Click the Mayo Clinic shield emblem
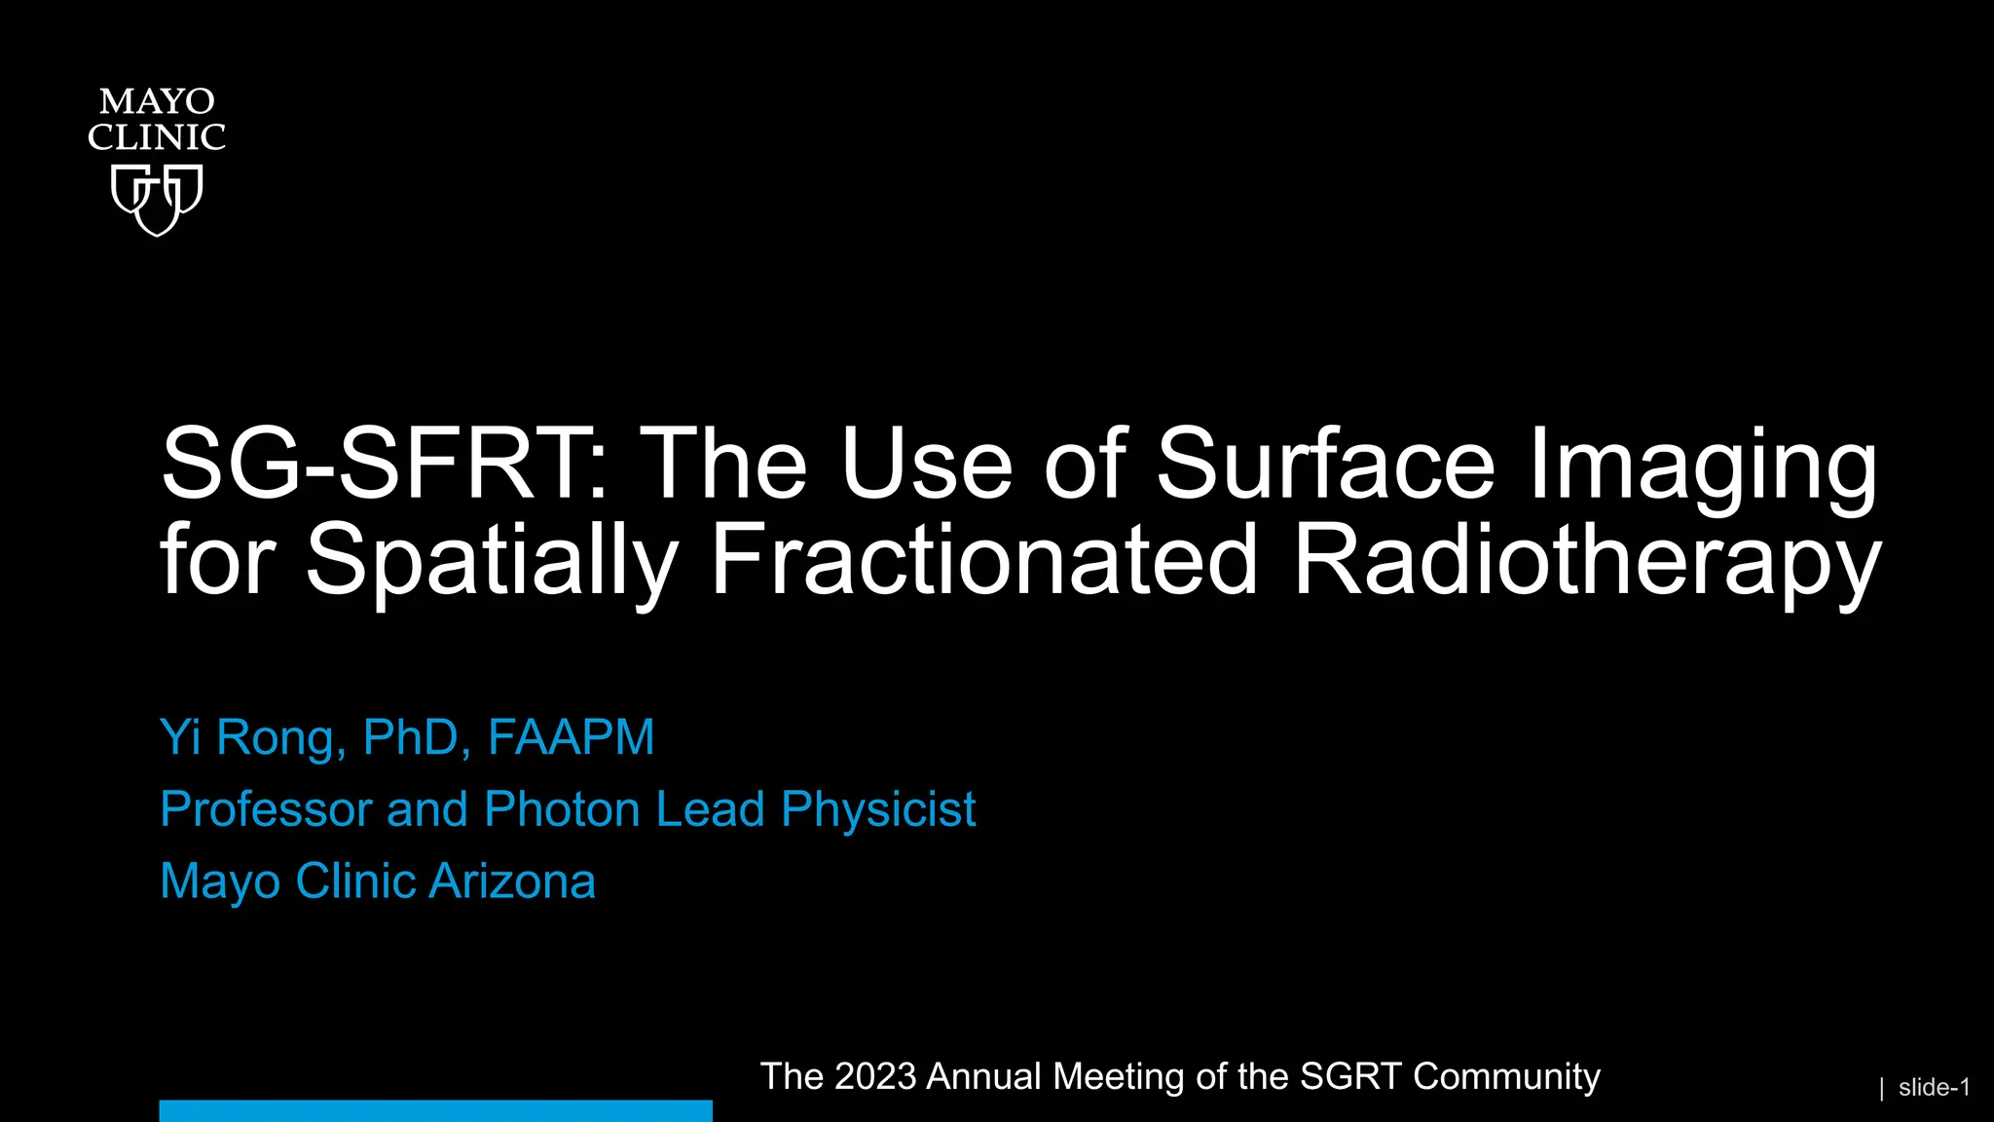(156, 199)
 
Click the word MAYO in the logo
(156, 101)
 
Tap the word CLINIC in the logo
(156, 137)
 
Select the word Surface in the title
(1325, 465)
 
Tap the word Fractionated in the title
(984, 560)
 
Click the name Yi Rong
(249, 737)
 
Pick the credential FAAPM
(571, 737)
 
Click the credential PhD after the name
(410, 737)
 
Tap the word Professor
(266, 809)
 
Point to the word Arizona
(512, 881)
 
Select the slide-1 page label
(1934, 1088)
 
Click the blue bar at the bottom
(435, 1110)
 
